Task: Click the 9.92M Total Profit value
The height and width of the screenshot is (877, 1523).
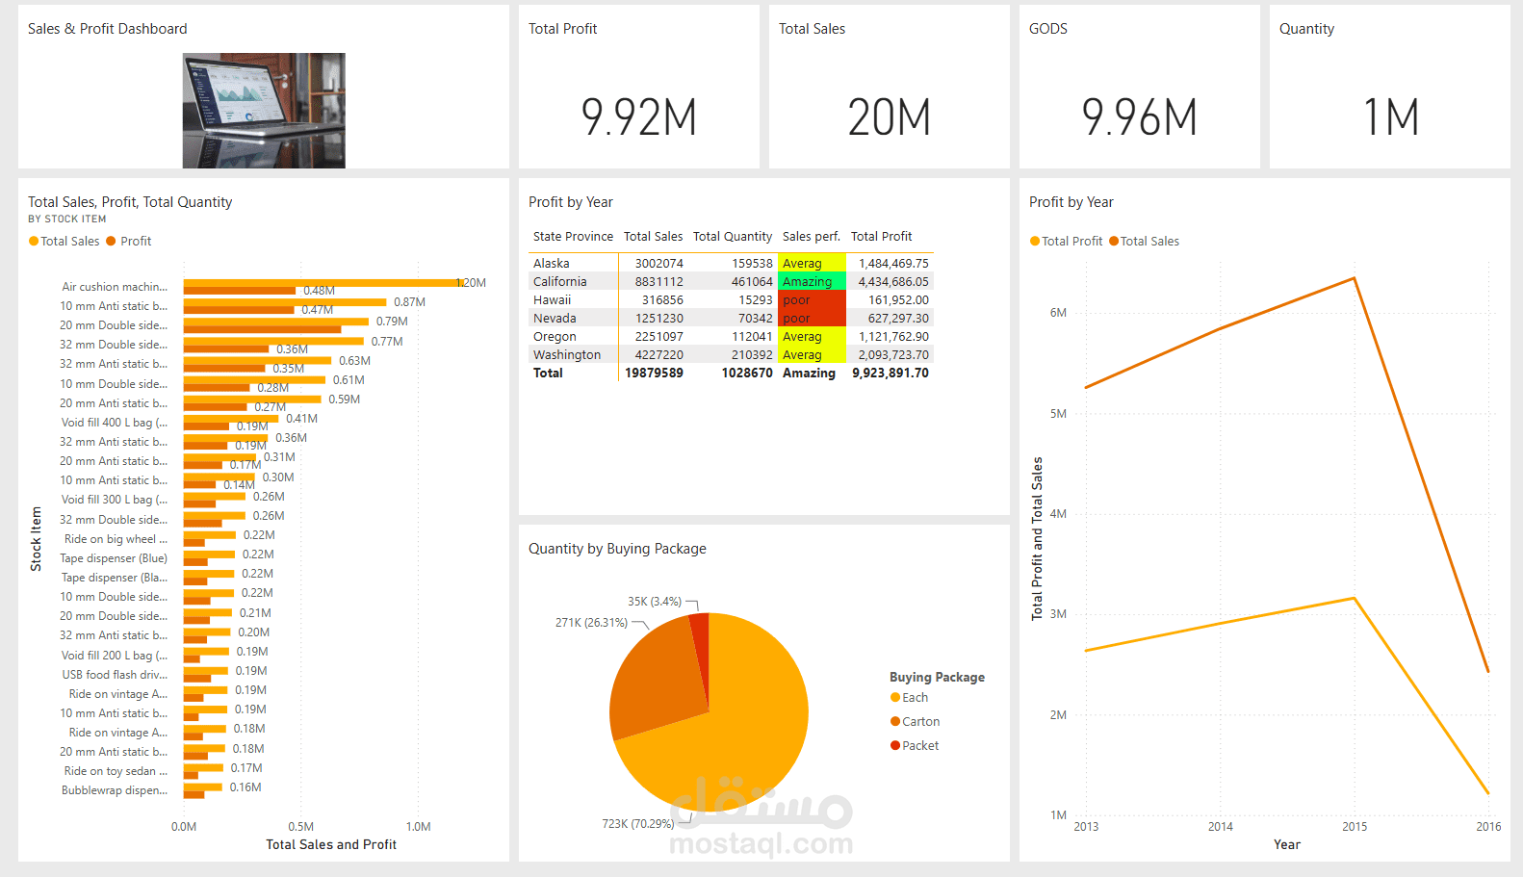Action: pyautogui.click(x=638, y=117)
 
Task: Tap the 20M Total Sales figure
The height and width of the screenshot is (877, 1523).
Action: pyautogui.click(x=889, y=117)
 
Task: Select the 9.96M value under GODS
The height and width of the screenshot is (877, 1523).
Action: pyautogui.click(x=1139, y=117)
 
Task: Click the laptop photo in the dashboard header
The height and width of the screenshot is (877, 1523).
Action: pyautogui.click(x=264, y=111)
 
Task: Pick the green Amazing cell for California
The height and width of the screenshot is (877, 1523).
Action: pyautogui.click(x=811, y=282)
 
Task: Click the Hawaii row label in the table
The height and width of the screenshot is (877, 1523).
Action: pyautogui.click(x=552, y=300)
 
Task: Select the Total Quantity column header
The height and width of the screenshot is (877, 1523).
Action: pyautogui.click(x=732, y=237)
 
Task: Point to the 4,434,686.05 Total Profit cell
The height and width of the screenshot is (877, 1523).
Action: pyautogui.click(x=893, y=282)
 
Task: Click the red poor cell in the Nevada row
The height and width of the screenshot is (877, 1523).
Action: pyautogui.click(x=811, y=319)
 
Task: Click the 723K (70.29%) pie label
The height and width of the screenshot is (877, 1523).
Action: pyautogui.click(x=637, y=824)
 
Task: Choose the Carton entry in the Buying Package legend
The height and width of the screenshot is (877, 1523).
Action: pyautogui.click(x=919, y=722)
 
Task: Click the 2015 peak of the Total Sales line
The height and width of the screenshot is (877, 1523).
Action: pyautogui.click(x=1355, y=278)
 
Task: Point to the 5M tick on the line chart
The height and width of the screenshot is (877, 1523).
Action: pyautogui.click(x=1058, y=414)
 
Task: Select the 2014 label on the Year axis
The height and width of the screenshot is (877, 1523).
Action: pyautogui.click(x=1220, y=827)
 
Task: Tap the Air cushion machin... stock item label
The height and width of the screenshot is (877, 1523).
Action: pyautogui.click(x=114, y=287)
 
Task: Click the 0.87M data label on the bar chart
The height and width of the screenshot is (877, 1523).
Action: pyautogui.click(x=409, y=302)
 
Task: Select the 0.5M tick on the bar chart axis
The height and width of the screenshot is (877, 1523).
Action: pyautogui.click(x=300, y=827)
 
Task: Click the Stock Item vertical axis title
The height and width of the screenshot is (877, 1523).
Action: pyautogui.click(x=37, y=539)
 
